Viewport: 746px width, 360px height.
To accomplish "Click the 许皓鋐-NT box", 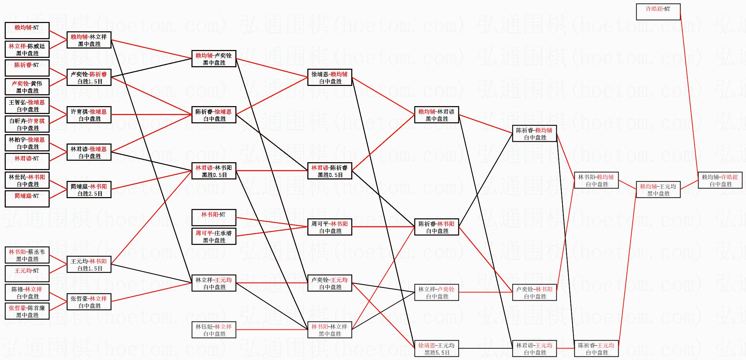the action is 658,12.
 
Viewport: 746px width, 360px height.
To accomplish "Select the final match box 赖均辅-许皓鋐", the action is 720,180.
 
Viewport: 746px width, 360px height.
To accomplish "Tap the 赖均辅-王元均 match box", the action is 658,190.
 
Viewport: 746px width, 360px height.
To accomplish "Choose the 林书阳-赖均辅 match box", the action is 596,180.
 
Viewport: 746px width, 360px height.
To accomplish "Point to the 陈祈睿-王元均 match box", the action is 596,348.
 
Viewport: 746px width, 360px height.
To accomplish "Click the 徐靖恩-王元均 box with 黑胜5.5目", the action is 437,348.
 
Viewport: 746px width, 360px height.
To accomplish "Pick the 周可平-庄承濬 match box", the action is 214,236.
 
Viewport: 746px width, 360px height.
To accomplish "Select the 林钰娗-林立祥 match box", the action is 214,330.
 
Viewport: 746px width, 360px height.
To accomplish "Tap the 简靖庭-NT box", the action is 27,199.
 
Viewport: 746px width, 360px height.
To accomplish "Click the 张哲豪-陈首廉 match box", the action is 27,311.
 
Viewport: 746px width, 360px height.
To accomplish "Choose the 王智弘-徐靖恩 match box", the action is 27,105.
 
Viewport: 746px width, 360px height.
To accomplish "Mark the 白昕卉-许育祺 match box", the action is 27,124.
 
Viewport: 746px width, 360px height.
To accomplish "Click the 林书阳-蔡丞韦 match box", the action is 27,255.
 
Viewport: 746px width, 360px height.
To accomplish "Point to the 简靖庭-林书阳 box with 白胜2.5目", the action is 89,190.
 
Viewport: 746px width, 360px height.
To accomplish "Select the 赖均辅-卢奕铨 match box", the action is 214,59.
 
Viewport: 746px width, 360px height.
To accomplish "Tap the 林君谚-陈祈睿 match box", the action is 330,171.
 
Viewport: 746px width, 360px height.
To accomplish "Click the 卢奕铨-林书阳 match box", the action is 534,292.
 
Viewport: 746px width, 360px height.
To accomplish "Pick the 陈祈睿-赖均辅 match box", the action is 534,133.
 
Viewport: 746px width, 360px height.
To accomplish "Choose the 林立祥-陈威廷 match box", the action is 27,49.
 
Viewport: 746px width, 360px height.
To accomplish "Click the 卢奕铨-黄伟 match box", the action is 27,87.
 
